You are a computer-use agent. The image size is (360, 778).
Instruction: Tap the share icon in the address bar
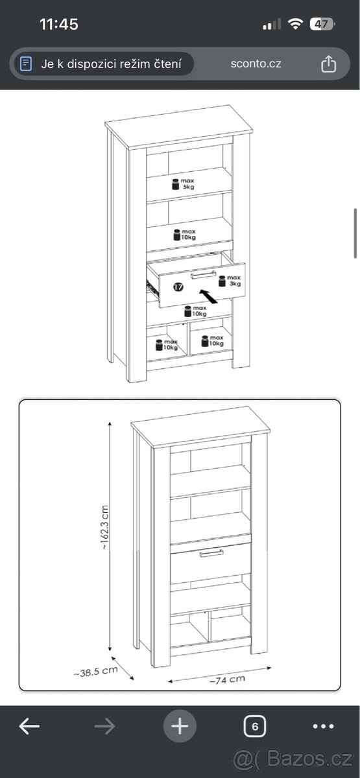[328, 64]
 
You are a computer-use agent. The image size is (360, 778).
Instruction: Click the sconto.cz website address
[256, 64]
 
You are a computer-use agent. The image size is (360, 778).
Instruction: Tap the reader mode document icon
[26, 64]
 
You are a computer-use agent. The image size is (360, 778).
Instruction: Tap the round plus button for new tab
[180, 726]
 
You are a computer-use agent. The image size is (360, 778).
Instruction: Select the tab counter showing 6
[255, 726]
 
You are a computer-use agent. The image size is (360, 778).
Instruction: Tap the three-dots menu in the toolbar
[323, 726]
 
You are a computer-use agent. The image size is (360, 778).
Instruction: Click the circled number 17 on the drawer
[178, 287]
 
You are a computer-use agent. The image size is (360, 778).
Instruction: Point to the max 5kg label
[183, 183]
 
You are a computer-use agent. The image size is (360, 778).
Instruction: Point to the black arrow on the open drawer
[208, 296]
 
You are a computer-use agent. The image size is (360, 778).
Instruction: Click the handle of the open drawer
[203, 275]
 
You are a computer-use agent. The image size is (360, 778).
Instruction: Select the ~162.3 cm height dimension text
[104, 527]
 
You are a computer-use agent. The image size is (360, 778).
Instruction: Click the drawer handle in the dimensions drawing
[211, 553]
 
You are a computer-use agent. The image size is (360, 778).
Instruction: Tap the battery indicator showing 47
[322, 25]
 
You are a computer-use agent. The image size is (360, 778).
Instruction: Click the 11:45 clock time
[59, 25]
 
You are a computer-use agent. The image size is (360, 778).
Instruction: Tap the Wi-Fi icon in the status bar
[295, 24]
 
